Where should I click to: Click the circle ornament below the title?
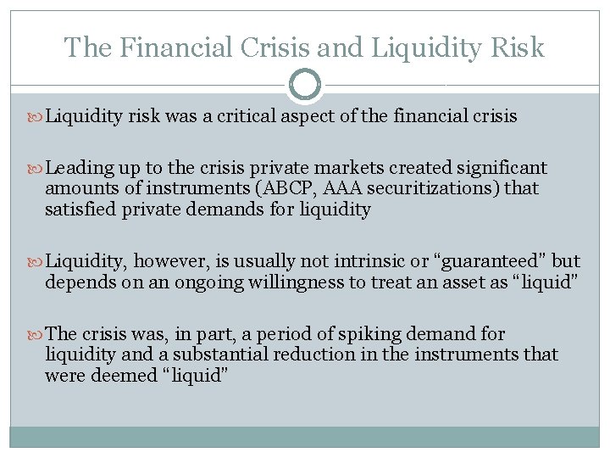point(305,85)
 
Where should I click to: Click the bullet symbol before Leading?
point(35,168)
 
